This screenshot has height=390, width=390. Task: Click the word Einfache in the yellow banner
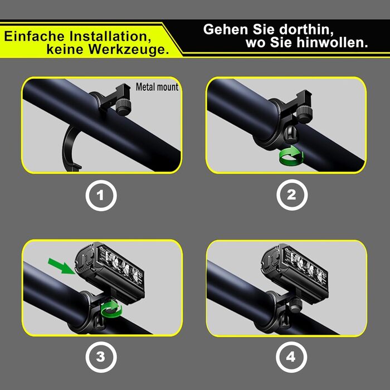tap(35, 36)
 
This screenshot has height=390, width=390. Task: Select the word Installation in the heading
tap(109, 36)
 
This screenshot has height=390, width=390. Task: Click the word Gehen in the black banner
tap(226, 30)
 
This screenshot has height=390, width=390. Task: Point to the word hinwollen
tap(332, 42)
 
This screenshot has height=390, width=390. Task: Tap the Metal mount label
tap(157, 87)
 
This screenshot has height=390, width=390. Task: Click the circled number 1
tap(101, 195)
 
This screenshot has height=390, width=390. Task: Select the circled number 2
tap(292, 195)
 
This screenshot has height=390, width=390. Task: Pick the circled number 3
tap(101, 357)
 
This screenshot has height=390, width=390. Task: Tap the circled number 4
tap(291, 357)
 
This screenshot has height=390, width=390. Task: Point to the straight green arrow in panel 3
tap(62, 266)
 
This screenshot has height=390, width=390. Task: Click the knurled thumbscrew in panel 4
tap(295, 305)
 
